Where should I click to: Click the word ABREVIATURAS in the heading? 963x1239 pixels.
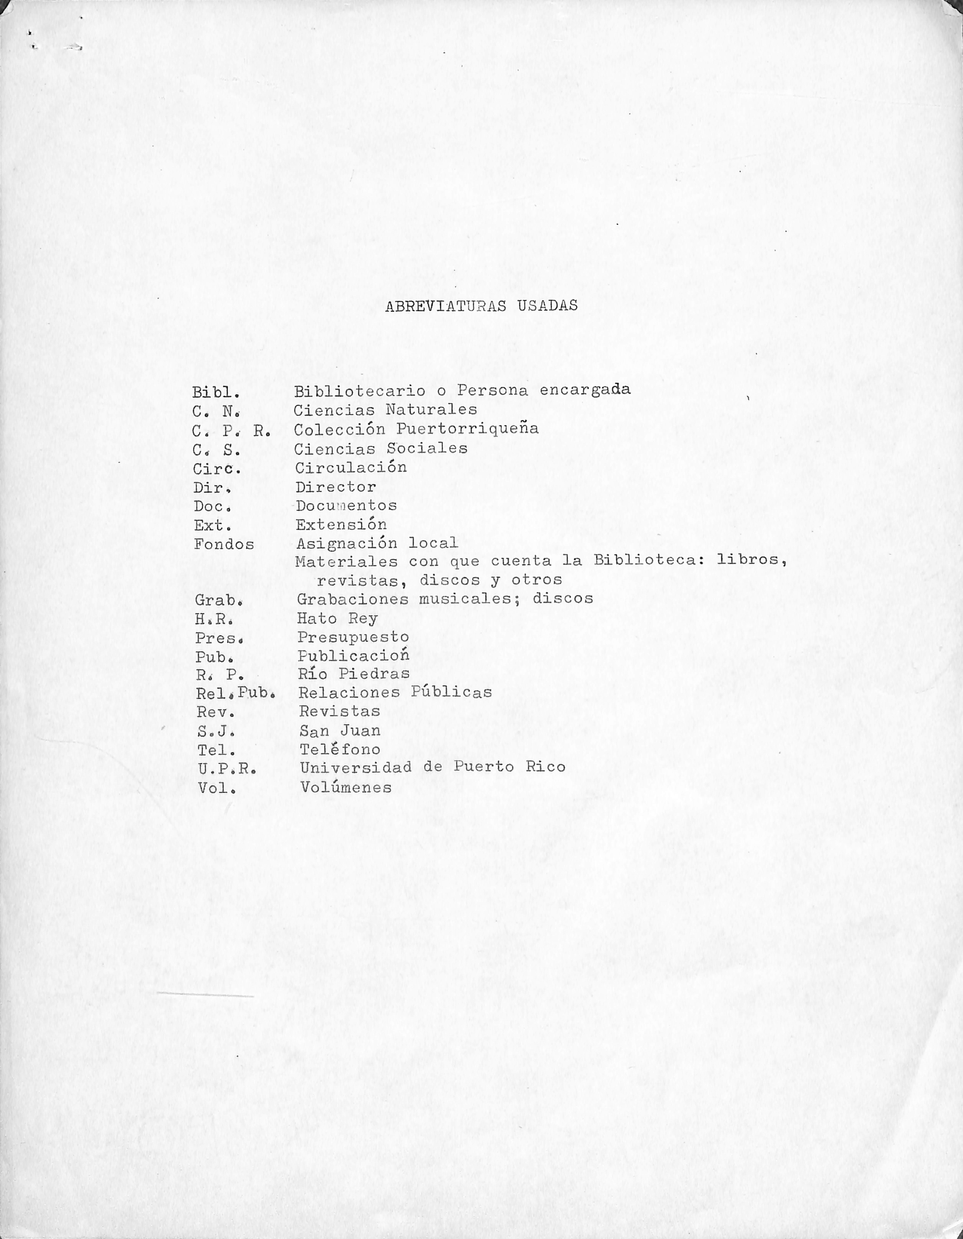pyautogui.click(x=445, y=306)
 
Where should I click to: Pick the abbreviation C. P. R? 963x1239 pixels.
pyautogui.click(x=231, y=430)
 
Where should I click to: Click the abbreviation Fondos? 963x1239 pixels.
pyautogui.click(x=224, y=545)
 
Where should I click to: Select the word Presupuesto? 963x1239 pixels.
pyautogui.click(x=353, y=637)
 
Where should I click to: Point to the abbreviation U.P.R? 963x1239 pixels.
pyautogui.click(x=227, y=769)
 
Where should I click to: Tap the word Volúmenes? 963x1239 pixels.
pyautogui.click(x=346, y=787)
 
